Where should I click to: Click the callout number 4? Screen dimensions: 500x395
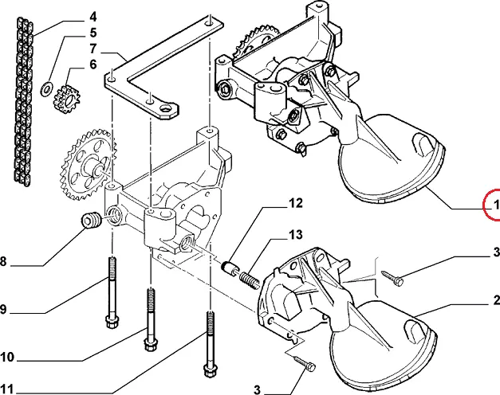coord(93,17)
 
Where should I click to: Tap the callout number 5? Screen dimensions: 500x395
coord(93,33)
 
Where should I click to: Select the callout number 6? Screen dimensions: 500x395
coord(93,65)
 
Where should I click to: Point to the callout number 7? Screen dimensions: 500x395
coord(93,49)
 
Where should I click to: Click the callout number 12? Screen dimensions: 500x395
coord(296,203)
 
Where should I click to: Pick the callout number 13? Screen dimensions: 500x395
coord(296,235)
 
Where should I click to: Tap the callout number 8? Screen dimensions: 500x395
coord(3,261)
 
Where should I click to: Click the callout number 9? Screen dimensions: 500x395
coord(3,309)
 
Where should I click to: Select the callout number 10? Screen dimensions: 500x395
coord(7,357)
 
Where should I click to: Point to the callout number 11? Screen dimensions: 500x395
coord(7,389)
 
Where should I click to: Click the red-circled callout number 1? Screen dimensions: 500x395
coord(496,205)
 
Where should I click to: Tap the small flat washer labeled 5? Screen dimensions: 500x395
coord(47,88)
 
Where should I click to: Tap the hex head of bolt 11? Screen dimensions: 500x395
coord(209,371)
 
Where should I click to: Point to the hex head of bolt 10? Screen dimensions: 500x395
coord(150,344)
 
